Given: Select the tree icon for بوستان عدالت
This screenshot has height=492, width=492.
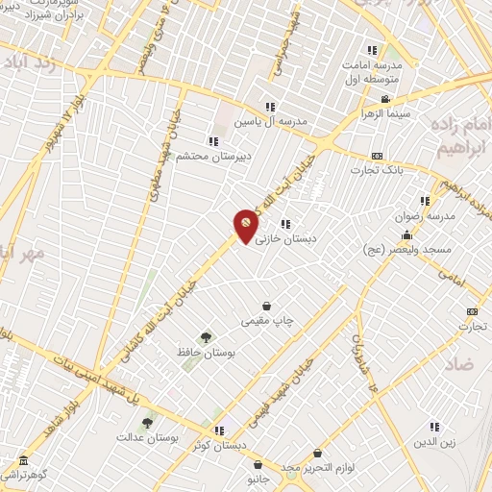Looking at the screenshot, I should (x=147, y=422).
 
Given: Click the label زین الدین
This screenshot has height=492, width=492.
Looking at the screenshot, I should (x=433, y=443).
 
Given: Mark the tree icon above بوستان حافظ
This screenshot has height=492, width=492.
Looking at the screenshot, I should (x=206, y=337).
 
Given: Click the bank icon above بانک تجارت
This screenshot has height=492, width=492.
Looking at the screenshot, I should (x=378, y=156).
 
